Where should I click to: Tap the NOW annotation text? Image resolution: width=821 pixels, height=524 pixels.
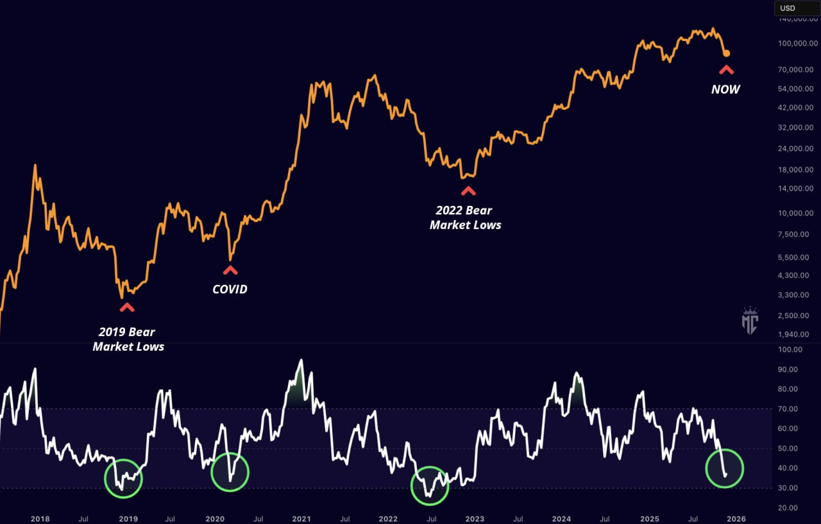click(x=725, y=90)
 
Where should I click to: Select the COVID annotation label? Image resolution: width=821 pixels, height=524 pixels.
click(x=230, y=289)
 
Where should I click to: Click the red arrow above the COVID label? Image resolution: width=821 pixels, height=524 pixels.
click(x=230, y=270)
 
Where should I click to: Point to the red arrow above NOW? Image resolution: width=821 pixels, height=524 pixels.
click(x=725, y=69)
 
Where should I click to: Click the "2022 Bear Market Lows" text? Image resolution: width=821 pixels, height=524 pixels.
click(x=466, y=218)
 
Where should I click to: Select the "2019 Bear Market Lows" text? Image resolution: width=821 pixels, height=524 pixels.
click(x=128, y=339)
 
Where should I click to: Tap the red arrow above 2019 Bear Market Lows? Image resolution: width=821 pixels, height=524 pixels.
click(x=127, y=307)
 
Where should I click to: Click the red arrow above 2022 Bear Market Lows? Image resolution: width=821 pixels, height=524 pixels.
click(x=468, y=190)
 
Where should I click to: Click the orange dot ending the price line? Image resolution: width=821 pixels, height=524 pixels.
click(x=726, y=53)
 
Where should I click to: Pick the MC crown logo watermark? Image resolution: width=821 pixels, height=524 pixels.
click(x=749, y=321)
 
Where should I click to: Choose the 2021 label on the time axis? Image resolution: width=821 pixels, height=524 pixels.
click(x=301, y=518)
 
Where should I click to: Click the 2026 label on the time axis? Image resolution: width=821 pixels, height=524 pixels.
click(x=736, y=518)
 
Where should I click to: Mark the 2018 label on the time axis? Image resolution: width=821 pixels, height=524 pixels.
click(x=40, y=518)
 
